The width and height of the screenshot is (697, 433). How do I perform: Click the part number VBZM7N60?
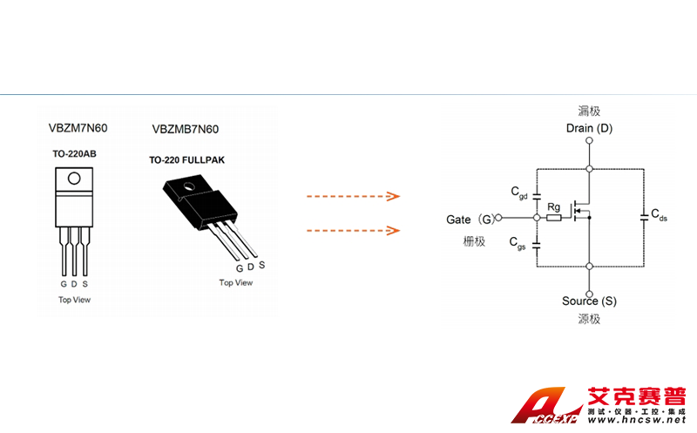tap(78, 127)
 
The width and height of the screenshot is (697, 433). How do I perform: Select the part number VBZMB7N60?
tap(186, 129)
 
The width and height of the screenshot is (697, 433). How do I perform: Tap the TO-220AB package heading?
tap(74, 153)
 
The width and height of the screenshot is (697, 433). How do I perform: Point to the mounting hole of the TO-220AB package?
tap(74, 179)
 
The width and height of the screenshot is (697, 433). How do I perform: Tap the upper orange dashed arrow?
tap(353, 197)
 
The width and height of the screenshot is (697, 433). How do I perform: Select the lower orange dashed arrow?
tap(353, 231)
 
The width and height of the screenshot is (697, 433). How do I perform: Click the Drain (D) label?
tap(589, 129)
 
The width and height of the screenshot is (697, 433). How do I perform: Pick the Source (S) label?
tap(589, 301)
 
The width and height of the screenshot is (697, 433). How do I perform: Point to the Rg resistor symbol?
tap(553, 219)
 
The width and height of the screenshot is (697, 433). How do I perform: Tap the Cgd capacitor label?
tap(518, 193)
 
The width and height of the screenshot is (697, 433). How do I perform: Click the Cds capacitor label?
tap(660, 214)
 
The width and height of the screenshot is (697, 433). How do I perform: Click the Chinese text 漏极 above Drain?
tap(589, 112)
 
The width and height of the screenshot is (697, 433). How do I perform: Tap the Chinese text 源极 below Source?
tap(589, 319)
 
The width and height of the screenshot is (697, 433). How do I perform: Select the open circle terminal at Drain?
tap(590, 140)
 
